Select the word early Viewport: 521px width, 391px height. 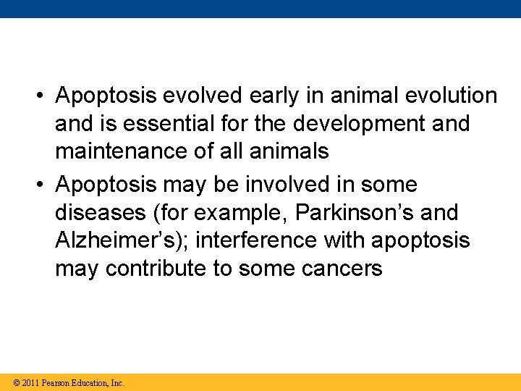pos(289,96)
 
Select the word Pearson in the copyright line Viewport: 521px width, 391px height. pos(56,382)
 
